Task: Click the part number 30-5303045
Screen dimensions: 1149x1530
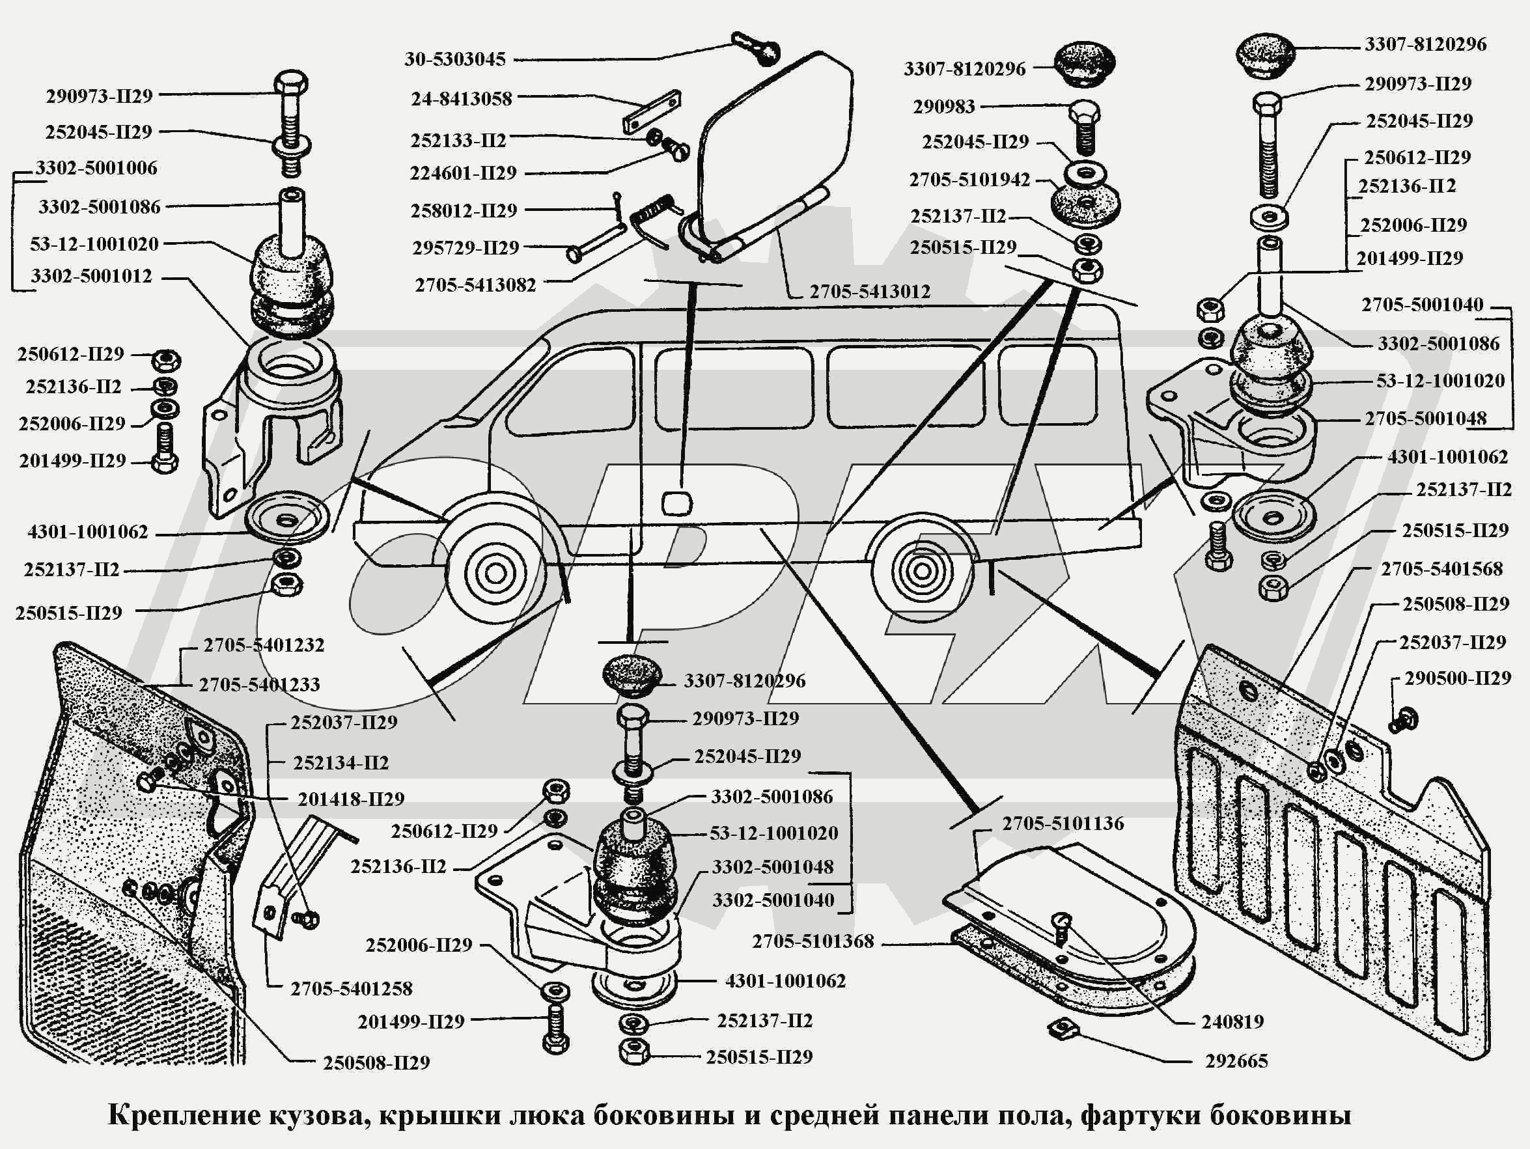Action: point(455,59)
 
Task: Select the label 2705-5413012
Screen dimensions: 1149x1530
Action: point(869,292)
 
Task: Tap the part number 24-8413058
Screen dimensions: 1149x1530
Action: point(462,99)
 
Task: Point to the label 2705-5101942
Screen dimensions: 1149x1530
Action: point(969,180)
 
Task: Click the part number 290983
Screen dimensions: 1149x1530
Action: point(943,107)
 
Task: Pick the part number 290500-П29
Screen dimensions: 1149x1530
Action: point(1457,678)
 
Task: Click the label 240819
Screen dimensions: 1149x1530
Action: point(1232,1021)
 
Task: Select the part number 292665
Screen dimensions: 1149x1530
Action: point(1236,1061)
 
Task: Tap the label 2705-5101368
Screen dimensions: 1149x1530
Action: point(813,941)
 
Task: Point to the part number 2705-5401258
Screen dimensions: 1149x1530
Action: point(351,988)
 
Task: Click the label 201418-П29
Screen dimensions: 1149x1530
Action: point(351,799)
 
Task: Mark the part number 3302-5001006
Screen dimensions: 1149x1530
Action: point(96,168)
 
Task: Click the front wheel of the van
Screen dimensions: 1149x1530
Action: point(495,573)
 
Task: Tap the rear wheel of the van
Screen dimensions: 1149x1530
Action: point(921,572)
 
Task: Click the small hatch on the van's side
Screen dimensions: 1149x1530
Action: point(676,503)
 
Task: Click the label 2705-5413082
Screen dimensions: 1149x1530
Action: point(475,286)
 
